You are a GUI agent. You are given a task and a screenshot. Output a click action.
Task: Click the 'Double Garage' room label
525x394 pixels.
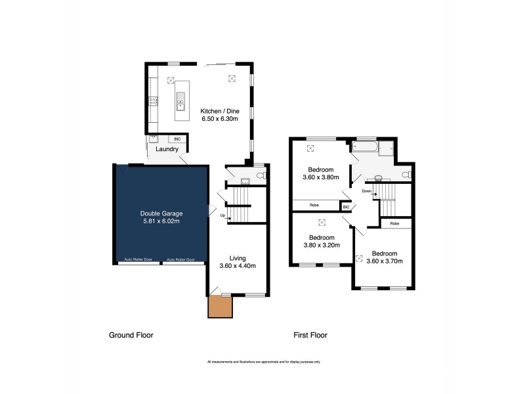[161, 213]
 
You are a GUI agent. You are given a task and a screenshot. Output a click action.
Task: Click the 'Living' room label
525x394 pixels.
[238, 258]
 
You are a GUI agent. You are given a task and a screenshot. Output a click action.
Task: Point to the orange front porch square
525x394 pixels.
[220, 307]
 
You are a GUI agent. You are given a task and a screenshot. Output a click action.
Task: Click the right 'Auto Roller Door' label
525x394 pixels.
[181, 259]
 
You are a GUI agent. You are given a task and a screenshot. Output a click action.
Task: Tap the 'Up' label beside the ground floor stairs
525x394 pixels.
[223, 215]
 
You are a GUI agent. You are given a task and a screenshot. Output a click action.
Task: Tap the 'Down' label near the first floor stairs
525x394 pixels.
[366, 191]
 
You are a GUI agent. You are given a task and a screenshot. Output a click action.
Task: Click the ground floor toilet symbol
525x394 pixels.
[261, 175]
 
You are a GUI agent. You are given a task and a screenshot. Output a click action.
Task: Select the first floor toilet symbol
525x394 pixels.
[407, 174]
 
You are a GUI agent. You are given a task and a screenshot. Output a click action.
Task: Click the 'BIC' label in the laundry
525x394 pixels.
[177, 139]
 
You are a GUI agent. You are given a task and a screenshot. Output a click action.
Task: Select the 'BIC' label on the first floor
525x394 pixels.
[346, 207]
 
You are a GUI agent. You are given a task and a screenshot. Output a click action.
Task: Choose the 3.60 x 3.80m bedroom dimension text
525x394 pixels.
[320, 177]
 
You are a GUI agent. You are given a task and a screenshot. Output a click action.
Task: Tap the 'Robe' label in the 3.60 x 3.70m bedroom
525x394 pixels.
[394, 224]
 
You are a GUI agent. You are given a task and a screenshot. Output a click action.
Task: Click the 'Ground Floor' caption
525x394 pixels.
[131, 335]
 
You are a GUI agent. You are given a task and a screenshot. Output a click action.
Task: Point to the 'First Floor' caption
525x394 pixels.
[310, 335]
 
